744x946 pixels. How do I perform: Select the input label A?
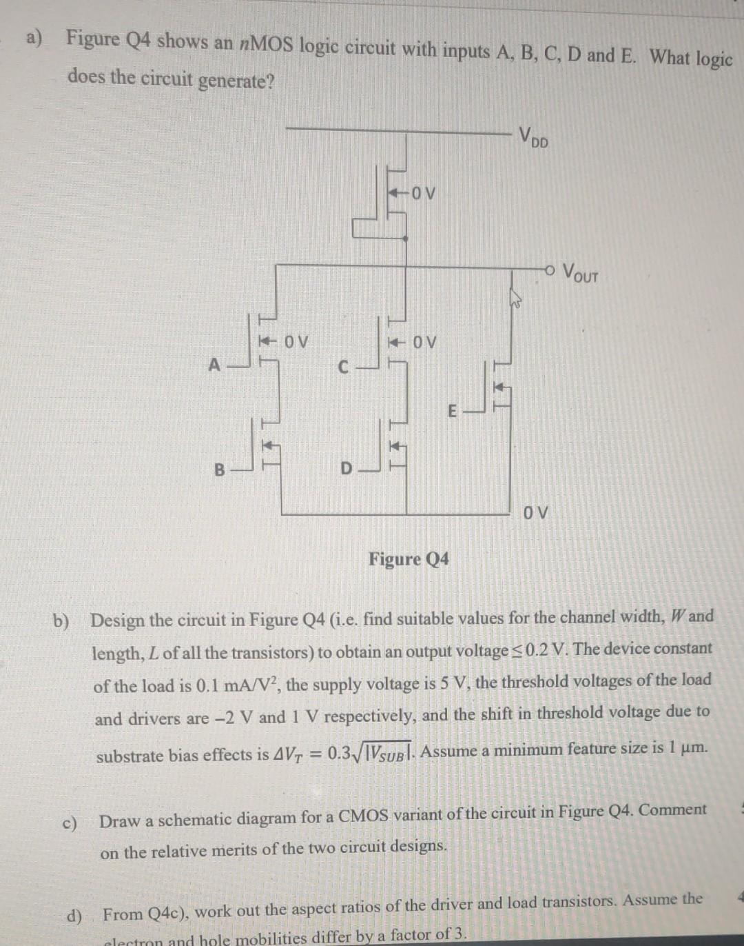click(215, 365)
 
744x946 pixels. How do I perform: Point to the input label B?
click(219, 470)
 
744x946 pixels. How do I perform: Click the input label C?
click(343, 367)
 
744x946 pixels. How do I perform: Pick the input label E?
click(452, 412)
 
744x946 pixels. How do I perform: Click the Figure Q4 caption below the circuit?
click(409, 558)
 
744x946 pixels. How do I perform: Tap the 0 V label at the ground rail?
click(536, 513)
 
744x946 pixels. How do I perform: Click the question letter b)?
click(62, 621)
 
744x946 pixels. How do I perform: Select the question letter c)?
click(70, 823)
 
